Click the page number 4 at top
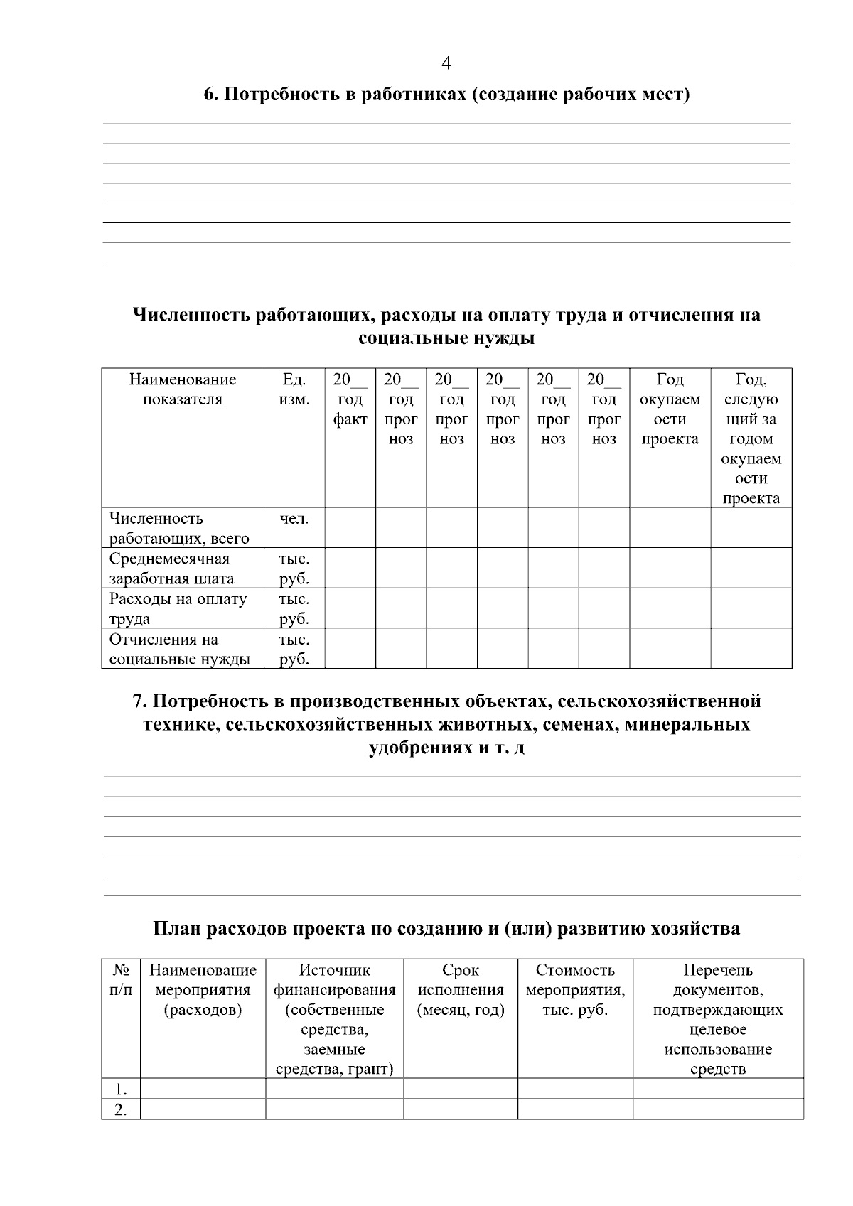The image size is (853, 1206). (446, 63)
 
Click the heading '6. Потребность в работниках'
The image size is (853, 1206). (446, 95)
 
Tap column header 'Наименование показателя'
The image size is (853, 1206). (183, 389)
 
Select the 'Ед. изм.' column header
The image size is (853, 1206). (294, 389)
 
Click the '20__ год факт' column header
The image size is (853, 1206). (350, 399)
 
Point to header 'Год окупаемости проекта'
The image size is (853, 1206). (670, 409)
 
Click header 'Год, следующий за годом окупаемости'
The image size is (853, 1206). (751, 438)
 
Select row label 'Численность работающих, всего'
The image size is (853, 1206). (178, 528)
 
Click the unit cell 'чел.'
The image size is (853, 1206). (294, 519)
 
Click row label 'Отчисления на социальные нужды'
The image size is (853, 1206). (179, 649)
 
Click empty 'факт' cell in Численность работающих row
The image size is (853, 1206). (350, 527)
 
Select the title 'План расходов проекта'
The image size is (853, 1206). (446, 928)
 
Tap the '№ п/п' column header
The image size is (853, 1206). (121, 979)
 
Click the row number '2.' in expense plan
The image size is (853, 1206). (121, 1109)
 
